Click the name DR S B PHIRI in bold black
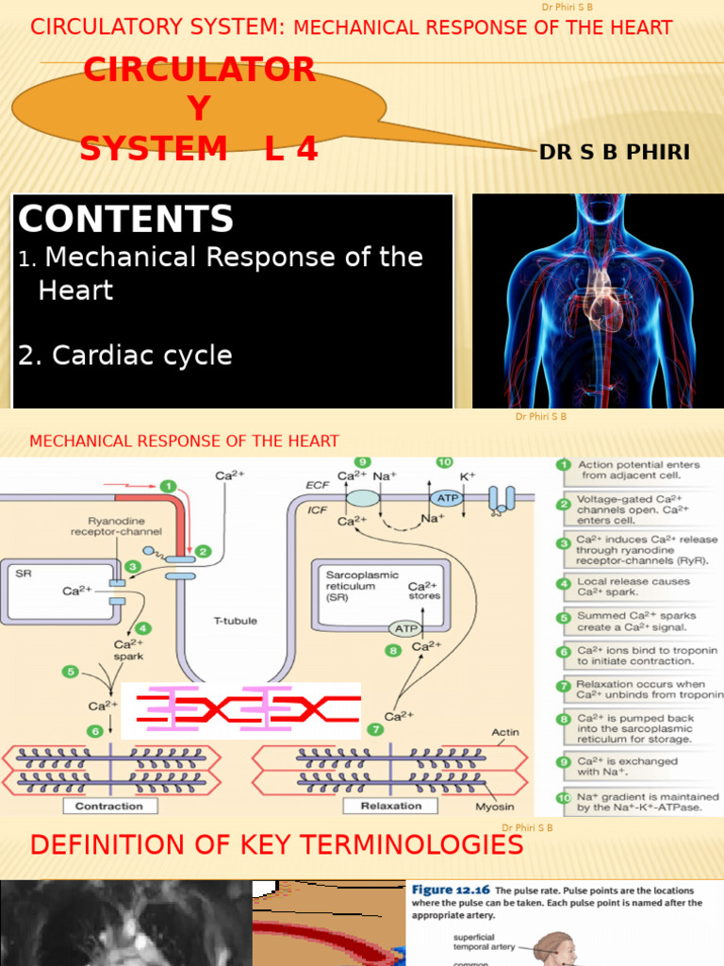tap(615, 153)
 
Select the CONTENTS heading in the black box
tap(125, 220)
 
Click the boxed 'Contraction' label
tap(108, 806)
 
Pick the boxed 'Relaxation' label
tap(390, 806)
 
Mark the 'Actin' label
tap(504, 732)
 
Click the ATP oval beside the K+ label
tap(445, 497)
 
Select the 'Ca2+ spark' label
tap(128, 650)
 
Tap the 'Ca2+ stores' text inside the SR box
tap(423, 591)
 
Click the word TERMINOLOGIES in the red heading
tap(417, 844)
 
